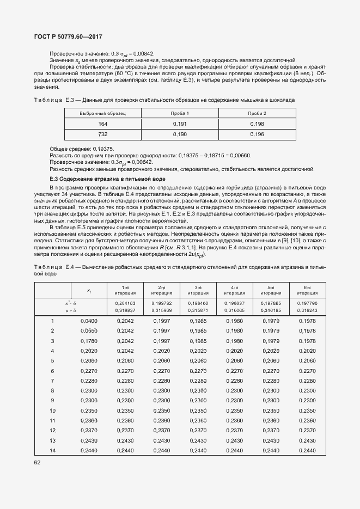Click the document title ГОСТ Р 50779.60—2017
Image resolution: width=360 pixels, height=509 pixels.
tap(69, 36)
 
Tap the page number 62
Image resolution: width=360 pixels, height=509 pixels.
tap(38, 462)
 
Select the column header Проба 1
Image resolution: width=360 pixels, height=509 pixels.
tap(180, 113)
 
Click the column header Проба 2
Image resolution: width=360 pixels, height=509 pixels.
tap(257, 113)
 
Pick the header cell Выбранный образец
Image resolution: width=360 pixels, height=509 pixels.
tap(103, 113)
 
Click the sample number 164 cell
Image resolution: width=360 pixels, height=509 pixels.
tap(103, 124)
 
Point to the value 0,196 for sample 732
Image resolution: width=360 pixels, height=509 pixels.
tap(257, 134)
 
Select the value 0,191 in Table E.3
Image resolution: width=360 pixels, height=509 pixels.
tap(180, 124)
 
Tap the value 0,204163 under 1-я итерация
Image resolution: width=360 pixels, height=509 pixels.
tap(125, 302)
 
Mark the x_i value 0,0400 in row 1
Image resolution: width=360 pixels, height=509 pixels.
tap(89, 321)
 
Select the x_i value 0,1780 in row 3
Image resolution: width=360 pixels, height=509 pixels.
tap(89, 340)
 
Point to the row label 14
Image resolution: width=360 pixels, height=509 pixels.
tap(52, 450)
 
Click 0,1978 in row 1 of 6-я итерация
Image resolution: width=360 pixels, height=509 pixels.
tap(307, 321)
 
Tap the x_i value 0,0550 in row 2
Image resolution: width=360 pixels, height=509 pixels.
tap(89, 330)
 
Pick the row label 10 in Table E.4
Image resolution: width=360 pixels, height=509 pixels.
tap(52, 410)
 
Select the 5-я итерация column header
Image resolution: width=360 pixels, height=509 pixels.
tap(271, 290)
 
